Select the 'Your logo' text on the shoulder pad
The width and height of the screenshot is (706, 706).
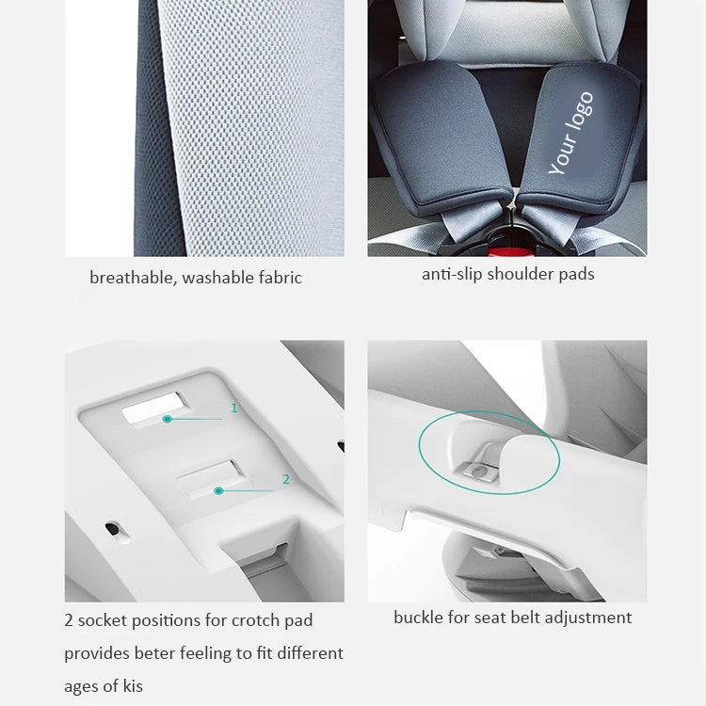tap(571, 133)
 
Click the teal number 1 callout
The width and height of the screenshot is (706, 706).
tap(233, 408)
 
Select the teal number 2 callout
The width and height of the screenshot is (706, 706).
tap(286, 479)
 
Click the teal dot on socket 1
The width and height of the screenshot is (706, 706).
tap(168, 419)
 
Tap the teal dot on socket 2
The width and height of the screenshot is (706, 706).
tap(218, 490)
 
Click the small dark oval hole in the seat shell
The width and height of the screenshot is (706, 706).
tap(113, 529)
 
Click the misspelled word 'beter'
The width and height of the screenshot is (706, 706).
tap(154, 653)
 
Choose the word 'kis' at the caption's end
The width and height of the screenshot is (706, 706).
tap(133, 686)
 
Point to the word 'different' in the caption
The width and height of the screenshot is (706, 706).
tap(311, 653)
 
